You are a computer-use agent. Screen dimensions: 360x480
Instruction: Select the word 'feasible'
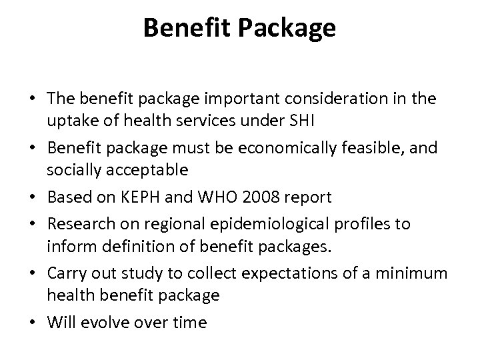(373, 148)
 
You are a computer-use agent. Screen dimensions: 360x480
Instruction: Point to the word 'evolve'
(107, 323)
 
